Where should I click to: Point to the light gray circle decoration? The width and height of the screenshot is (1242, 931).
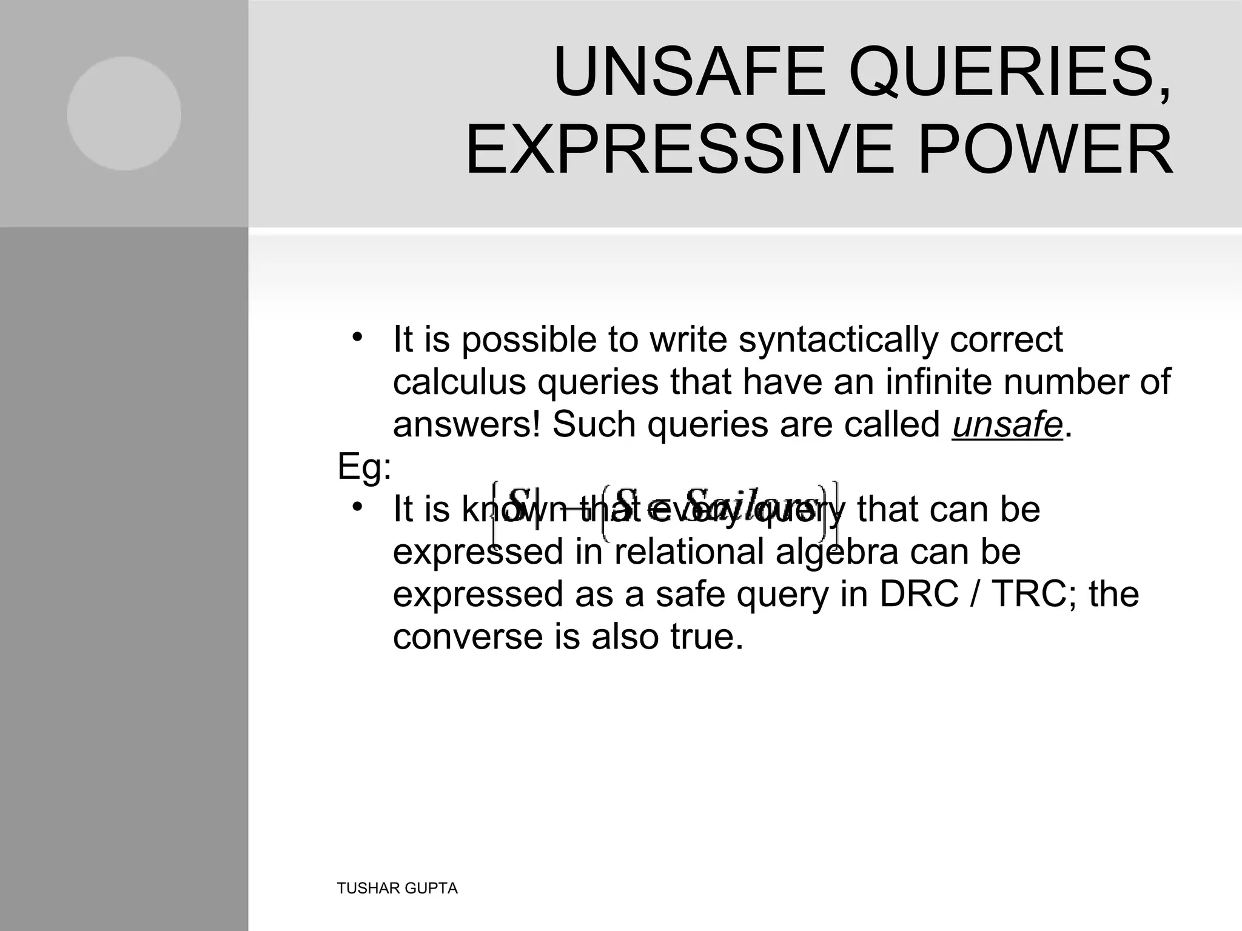(124, 113)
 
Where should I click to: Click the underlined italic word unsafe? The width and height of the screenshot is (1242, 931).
(1007, 424)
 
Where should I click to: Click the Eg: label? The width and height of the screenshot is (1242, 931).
(364, 467)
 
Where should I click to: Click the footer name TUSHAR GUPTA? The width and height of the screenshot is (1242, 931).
(397, 889)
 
